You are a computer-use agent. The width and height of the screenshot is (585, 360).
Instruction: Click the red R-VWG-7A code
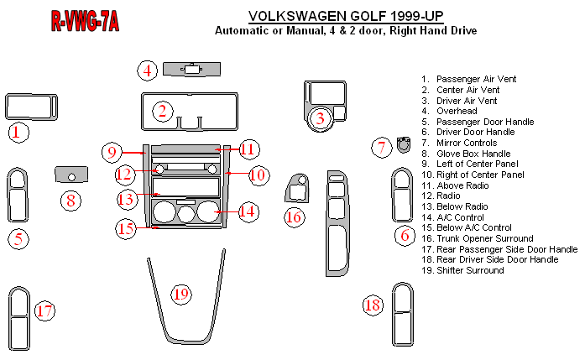click(84, 23)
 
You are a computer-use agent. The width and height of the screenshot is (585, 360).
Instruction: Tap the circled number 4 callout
click(148, 70)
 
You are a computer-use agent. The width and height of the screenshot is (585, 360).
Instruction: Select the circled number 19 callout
click(180, 294)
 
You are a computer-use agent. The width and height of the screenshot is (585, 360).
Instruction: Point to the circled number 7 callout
click(382, 148)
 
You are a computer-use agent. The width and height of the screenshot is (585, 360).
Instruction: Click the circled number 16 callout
click(293, 217)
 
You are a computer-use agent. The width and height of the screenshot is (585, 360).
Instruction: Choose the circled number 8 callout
click(71, 200)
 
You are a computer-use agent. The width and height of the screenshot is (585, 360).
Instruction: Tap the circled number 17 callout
click(44, 311)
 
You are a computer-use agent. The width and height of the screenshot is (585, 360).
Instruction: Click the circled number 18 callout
click(373, 305)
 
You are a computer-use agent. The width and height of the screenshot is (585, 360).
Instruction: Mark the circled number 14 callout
click(247, 211)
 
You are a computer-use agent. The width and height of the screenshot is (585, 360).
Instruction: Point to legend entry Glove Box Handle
click(473, 154)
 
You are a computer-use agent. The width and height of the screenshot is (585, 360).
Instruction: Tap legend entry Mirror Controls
click(470, 143)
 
